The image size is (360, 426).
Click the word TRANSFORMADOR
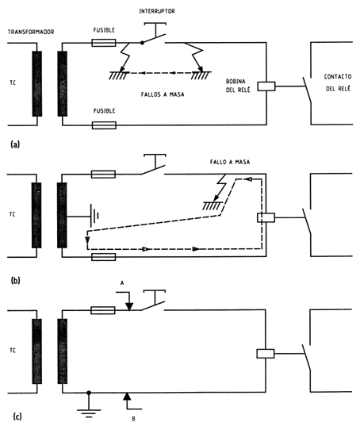click(31, 32)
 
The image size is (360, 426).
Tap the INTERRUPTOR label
click(157, 11)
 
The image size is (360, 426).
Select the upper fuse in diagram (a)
click(104, 43)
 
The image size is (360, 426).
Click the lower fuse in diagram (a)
click(104, 125)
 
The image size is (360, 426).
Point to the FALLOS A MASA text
click(163, 94)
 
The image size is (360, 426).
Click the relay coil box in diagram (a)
click(266, 86)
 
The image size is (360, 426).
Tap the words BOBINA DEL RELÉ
click(238, 86)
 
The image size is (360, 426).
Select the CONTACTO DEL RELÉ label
click(338, 83)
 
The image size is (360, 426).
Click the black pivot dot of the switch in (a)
click(142, 43)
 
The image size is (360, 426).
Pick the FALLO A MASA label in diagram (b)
click(230, 162)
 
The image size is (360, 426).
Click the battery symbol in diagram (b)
click(94, 217)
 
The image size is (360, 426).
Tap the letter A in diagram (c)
click(122, 283)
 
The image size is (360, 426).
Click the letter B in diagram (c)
click(133, 419)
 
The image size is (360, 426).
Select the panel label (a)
click(15, 144)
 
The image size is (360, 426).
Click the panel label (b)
click(16, 280)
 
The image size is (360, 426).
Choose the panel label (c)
click(17, 416)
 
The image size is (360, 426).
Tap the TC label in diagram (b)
click(12, 214)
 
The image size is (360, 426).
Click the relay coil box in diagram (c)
click(266, 354)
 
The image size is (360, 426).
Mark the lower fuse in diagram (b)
click(103, 257)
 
